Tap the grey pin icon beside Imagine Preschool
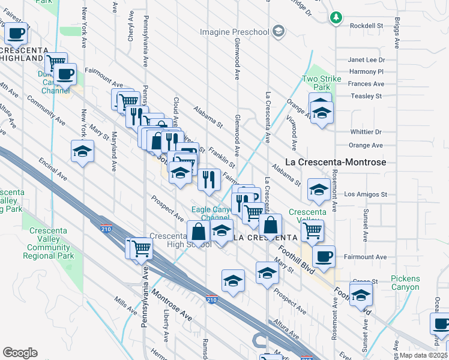278,31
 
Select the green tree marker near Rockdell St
336,17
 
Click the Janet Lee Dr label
366,60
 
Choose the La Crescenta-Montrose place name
335,162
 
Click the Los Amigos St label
366,194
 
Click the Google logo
20,353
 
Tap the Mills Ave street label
127,305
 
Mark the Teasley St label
366,96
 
